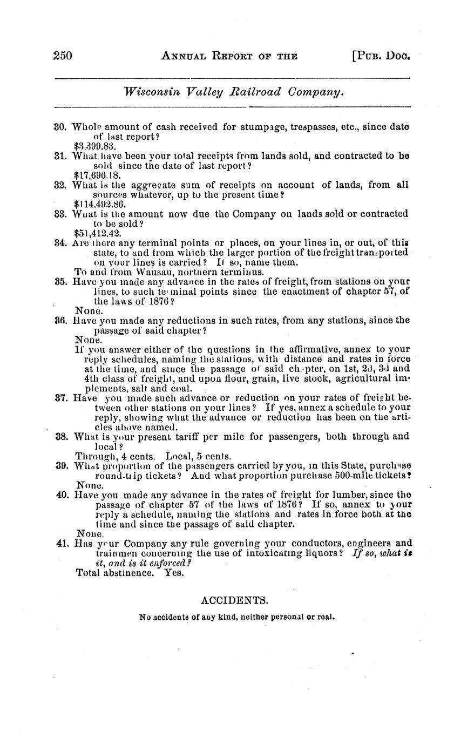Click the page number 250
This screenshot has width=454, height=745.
point(63,55)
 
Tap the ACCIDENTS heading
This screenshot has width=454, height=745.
point(234,600)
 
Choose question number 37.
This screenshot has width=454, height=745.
point(60,398)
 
